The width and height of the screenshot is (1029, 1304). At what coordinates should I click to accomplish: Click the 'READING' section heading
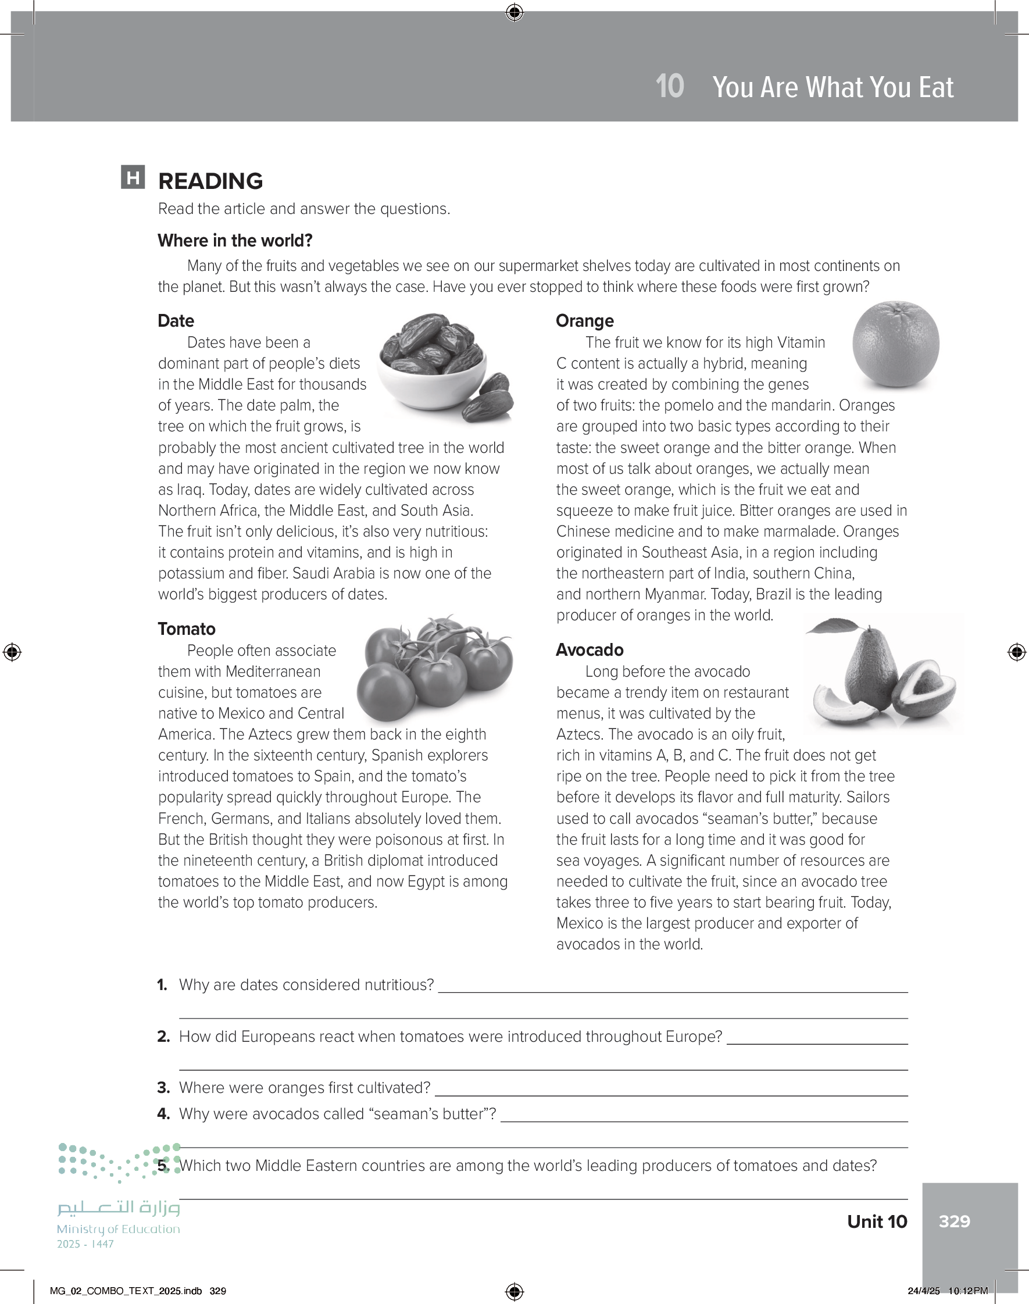point(210,181)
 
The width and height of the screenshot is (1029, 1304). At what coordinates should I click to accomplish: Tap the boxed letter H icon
point(133,177)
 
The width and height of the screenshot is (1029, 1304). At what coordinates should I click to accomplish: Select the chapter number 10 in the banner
point(669,87)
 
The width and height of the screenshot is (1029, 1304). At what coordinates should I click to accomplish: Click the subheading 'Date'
point(176,320)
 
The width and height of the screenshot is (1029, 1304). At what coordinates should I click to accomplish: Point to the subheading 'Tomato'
point(187,629)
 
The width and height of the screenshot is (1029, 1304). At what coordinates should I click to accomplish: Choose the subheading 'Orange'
point(584,320)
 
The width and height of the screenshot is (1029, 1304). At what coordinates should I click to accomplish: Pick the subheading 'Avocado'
point(589,650)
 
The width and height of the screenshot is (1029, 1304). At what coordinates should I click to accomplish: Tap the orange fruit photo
point(895,344)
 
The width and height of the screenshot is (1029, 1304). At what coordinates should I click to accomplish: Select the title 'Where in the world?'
point(235,240)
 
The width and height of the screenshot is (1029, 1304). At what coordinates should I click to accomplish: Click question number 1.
point(162,985)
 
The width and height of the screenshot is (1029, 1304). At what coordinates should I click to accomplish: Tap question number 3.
point(163,1088)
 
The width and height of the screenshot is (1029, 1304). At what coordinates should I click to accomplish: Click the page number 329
point(954,1221)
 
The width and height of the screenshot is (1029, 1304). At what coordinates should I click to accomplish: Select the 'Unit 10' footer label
point(877,1221)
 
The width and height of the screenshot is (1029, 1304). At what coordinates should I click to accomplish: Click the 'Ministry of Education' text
point(118,1228)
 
